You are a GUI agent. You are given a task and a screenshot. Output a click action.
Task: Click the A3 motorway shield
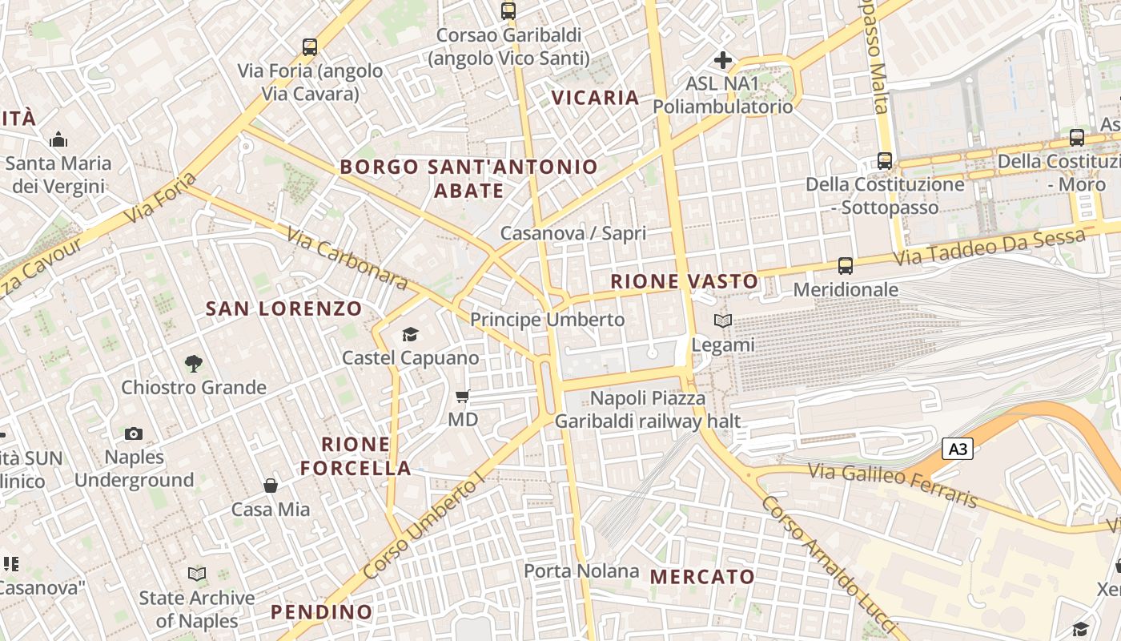pyautogui.click(x=957, y=449)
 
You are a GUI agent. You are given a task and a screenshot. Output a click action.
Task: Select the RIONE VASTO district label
pyautogui.click(x=684, y=281)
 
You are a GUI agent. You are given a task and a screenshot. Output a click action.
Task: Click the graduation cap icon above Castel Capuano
pyautogui.click(x=410, y=334)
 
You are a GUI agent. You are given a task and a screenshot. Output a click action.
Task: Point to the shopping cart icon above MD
pyautogui.click(x=462, y=396)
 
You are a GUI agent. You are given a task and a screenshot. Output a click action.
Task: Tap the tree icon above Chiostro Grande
pyautogui.click(x=193, y=364)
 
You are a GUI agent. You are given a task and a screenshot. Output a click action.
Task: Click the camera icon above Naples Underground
pyautogui.click(x=134, y=433)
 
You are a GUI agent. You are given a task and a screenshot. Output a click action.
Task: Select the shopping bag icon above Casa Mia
pyautogui.click(x=271, y=486)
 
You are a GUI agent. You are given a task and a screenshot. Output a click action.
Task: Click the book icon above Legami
pyautogui.click(x=722, y=320)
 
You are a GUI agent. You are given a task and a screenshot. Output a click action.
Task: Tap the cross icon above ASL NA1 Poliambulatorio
pyautogui.click(x=723, y=60)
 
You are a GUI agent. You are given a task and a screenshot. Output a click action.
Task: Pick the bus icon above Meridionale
pyautogui.click(x=845, y=265)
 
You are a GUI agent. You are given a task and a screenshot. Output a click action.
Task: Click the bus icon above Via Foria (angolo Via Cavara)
pyautogui.click(x=310, y=47)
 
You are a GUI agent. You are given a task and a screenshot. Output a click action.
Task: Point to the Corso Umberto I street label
pyautogui.click(x=424, y=525)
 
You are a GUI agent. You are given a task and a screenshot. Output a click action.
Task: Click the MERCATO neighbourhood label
pyautogui.click(x=701, y=577)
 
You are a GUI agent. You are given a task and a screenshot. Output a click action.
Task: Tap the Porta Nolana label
pyautogui.click(x=581, y=571)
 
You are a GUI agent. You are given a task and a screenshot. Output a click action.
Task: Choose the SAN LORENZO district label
pyautogui.click(x=283, y=308)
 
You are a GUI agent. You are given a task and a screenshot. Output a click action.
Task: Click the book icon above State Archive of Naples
pyautogui.click(x=196, y=574)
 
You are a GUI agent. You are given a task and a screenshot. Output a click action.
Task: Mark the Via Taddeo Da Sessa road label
pyautogui.click(x=990, y=248)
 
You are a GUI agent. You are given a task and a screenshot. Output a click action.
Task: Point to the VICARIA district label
pyautogui.click(x=596, y=98)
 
